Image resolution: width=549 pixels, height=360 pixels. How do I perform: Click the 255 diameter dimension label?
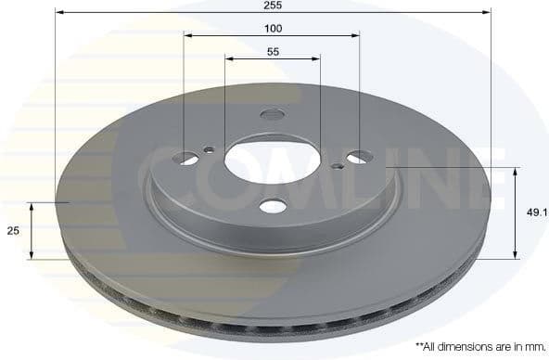tap(273, 6)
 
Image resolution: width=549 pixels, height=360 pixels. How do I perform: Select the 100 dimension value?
tap(273, 29)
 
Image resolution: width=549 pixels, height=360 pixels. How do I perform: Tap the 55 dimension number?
tap(273, 52)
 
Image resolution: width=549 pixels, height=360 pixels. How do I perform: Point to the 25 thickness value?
tap(13, 231)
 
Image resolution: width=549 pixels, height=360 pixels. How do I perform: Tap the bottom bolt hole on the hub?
tap(273, 206)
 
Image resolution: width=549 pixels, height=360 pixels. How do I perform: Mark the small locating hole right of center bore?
tap(337, 167)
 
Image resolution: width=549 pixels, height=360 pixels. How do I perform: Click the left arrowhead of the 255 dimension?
tap(60, 13)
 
